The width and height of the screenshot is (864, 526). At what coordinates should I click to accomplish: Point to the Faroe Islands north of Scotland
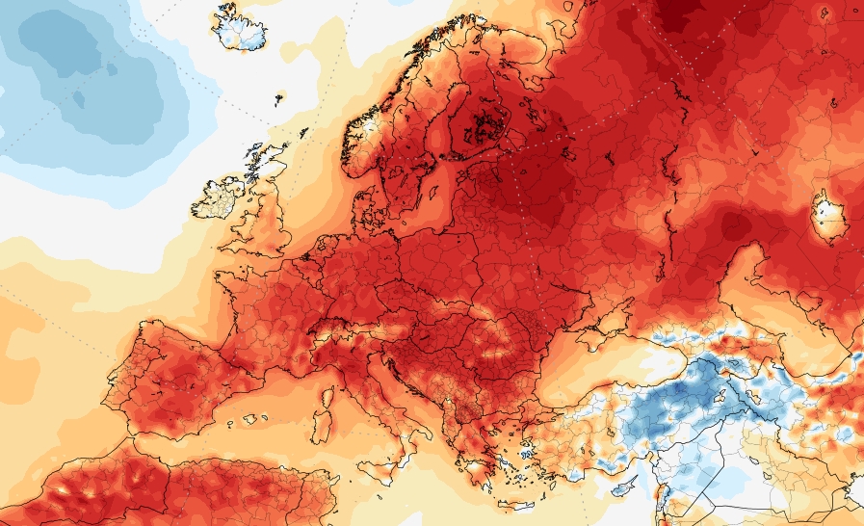(x=279, y=97)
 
